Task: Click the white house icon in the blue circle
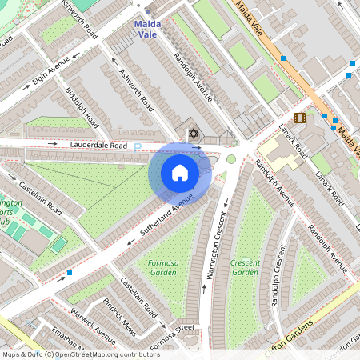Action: pos(180,172)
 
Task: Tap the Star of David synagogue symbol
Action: pos(191,133)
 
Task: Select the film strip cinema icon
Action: pos(300,118)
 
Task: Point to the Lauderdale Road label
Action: pos(98,146)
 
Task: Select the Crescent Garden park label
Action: pos(245,267)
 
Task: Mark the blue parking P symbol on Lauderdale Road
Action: pos(137,146)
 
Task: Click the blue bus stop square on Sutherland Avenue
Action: pos(70,273)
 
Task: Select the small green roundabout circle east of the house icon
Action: pos(231,159)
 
